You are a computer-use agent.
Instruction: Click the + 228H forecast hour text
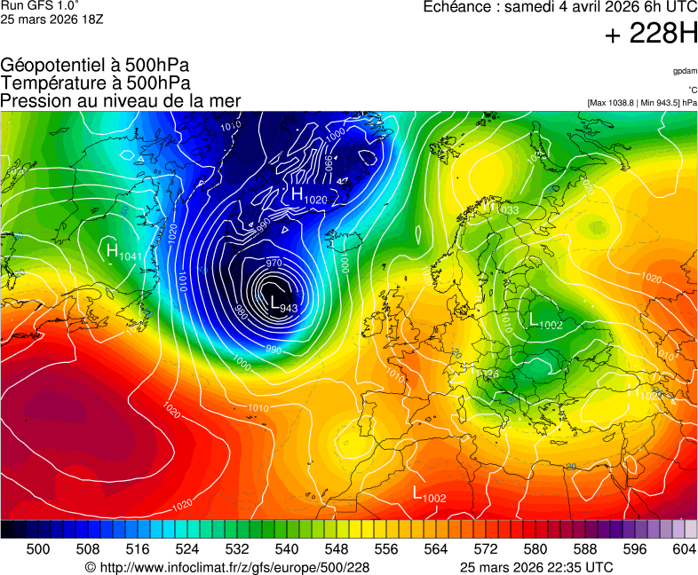click(x=651, y=34)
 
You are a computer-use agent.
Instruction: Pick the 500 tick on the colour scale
click(x=38, y=549)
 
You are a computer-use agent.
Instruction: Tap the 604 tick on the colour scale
click(x=684, y=549)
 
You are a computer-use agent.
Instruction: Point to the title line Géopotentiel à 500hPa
click(x=95, y=66)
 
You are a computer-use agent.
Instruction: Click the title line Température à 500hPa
click(x=95, y=83)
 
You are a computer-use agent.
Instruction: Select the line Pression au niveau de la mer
click(x=121, y=100)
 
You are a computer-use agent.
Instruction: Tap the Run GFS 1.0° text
click(x=40, y=5)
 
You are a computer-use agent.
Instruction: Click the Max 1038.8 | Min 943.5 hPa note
click(x=642, y=103)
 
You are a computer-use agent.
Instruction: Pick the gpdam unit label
click(x=685, y=70)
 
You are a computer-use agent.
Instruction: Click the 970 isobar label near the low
click(x=274, y=264)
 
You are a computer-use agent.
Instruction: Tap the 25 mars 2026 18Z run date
click(x=52, y=20)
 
